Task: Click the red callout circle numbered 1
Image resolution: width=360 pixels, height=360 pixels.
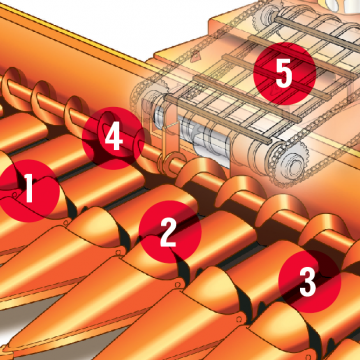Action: [x=28, y=191]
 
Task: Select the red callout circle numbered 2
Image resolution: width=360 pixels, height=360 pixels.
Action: [x=170, y=232]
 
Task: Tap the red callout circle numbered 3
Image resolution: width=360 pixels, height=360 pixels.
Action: [x=310, y=282]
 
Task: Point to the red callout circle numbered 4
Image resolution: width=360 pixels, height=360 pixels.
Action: [x=113, y=138]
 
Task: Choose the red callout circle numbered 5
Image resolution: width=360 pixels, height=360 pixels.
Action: [x=284, y=74]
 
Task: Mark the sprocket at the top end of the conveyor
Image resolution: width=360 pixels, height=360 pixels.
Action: [x=267, y=15]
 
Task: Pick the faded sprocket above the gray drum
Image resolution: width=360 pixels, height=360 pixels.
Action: [x=148, y=97]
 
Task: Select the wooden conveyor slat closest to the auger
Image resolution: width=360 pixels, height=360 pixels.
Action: [x=218, y=119]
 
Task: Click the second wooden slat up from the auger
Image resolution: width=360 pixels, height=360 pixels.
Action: [x=247, y=98]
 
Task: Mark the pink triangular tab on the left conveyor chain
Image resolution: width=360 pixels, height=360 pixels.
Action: [x=197, y=56]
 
